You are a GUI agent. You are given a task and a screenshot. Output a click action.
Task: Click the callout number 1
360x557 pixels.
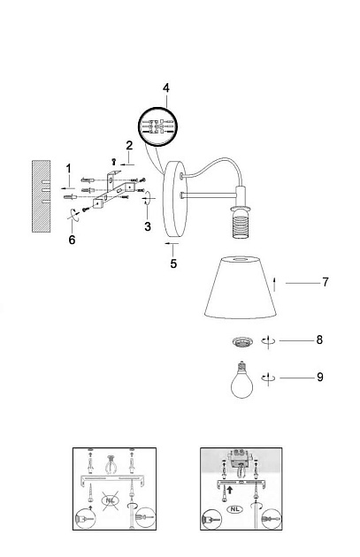click(69, 168)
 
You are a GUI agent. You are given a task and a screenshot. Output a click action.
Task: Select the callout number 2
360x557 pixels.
click(129, 145)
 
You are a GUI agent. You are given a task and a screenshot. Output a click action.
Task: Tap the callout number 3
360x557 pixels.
click(148, 226)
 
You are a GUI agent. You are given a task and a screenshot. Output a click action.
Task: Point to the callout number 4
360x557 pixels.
click(166, 88)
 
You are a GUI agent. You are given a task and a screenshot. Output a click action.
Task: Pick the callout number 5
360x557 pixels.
click(173, 263)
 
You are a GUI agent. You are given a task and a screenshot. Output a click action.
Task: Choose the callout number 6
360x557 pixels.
click(72, 240)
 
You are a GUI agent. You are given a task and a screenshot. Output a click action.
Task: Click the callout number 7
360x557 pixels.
click(326, 282)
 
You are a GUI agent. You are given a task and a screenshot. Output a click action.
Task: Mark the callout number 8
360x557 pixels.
click(319, 340)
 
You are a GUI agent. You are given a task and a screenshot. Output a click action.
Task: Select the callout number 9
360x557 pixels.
click(320, 377)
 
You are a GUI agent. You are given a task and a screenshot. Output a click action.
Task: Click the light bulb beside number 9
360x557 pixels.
click(242, 380)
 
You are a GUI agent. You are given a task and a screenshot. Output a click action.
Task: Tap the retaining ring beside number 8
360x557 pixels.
click(242, 342)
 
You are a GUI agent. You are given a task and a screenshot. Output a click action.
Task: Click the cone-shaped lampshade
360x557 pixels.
click(241, 286)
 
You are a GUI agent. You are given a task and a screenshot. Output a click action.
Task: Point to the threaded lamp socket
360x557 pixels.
click(241, 223)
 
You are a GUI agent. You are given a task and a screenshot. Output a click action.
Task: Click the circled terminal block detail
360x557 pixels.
click(157, 126)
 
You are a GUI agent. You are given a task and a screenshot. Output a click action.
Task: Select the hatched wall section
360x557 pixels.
click(42, 196)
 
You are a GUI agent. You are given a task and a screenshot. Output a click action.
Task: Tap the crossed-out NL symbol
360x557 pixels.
click(110, 500)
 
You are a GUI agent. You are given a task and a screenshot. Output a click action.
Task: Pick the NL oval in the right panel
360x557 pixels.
click(234, 509)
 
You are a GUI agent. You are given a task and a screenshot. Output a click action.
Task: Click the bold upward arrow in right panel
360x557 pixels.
click(230, 490)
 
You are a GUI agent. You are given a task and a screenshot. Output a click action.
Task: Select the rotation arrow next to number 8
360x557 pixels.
click(268, 340)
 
